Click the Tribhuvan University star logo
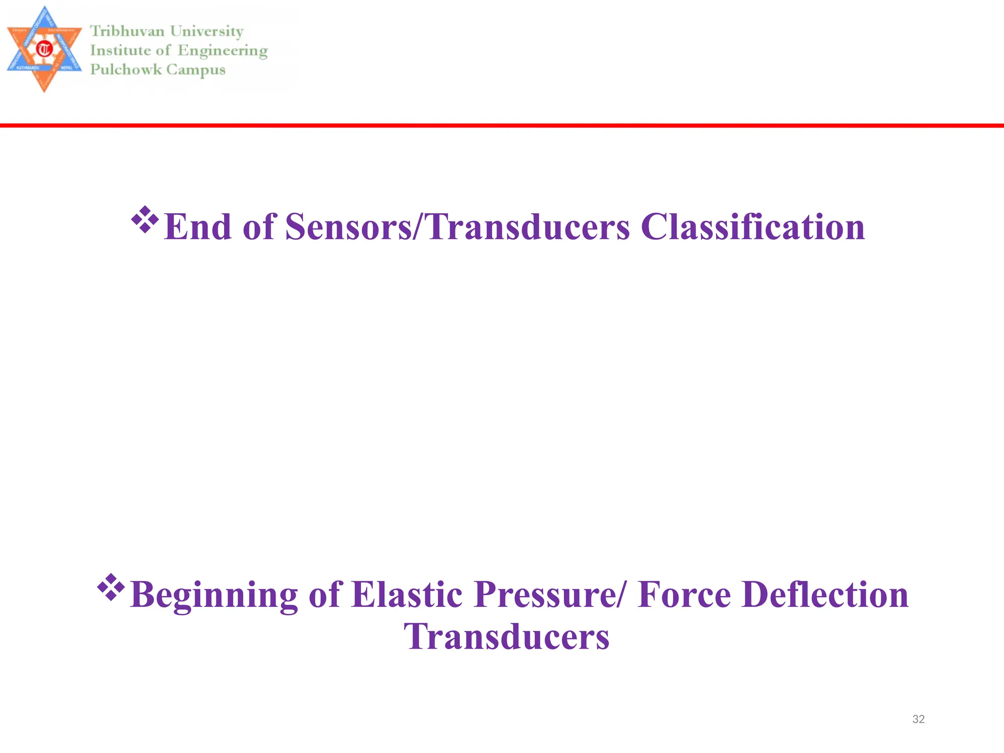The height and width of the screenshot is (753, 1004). pos(44,49)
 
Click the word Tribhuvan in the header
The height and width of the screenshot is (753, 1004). pos(127,31)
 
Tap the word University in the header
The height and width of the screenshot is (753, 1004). pos(206,31)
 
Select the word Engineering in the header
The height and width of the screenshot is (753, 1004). pos(223,51)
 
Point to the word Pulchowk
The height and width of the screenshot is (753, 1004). pos(125,70)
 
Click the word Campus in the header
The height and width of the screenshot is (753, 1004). pos(196,70)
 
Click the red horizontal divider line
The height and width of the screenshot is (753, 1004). pos(502,125)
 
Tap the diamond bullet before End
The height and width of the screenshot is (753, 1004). pos(145,219)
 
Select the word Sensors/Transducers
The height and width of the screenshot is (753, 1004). pos(457,227)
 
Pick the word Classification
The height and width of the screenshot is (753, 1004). pos(753,227)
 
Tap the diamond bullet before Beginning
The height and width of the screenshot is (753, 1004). pos(111,587)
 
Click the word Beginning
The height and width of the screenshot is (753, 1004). pos(214,595)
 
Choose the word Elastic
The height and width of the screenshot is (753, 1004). pos(407,594)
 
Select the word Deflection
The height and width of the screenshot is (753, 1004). pos(825,594)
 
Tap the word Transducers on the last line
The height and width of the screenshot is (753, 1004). pos(506,636)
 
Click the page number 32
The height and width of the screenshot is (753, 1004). pos(918,719)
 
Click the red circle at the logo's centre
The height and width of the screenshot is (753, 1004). pos(45,49)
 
